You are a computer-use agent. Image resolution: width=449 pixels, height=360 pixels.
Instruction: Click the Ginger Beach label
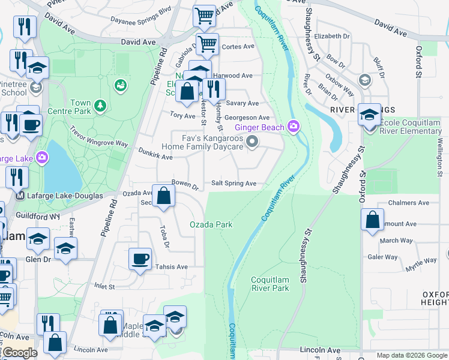pyautogui.click(x=259, y=128)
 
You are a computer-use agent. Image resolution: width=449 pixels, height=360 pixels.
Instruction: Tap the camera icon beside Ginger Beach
pyautogui.click(x=294, y=126)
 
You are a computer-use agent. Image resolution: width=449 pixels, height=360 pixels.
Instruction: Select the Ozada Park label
pyautogui.click(x=211, y=224)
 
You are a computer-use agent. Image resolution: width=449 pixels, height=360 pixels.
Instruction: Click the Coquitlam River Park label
pyautogui.click(x=270, y=284)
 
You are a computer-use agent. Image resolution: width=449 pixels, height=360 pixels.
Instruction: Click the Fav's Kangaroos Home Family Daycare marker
pyautogui.click(x=253, y=143)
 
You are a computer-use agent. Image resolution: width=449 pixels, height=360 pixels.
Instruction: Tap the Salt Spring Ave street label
pyautogui.click(x=234, y=183)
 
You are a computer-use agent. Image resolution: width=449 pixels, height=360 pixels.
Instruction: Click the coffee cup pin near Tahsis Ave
pyautogui.click(x=140, y=259)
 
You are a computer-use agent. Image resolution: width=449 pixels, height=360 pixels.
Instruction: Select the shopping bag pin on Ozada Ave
pyautogui.click(x=163, y=196)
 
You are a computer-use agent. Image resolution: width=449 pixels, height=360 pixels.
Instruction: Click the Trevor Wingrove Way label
pyautogui.click(x=99, y=136)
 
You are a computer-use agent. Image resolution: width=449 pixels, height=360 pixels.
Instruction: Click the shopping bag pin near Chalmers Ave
pyautogui.click(x=373, y=220)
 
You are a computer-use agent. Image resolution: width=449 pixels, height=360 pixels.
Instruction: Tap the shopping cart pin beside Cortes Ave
pyautogui.click(x=207, y=43)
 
